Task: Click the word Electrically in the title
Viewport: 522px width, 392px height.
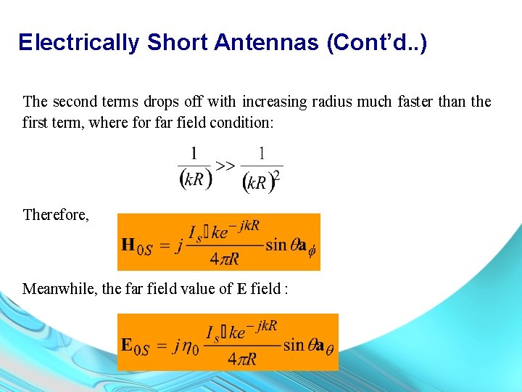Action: click(x=79, y=43)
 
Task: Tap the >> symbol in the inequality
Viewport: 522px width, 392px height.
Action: click(x=225, y=166)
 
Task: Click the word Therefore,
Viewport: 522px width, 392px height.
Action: click(x=56, y=215)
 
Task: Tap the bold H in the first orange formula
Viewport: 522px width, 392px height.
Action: click(x=128, y=245)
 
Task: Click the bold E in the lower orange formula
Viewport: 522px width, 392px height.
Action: click(x=127, y=345)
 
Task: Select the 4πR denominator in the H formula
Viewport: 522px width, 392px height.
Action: click(x=224, y=258)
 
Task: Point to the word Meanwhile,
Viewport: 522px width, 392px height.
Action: click(x=60, y=289)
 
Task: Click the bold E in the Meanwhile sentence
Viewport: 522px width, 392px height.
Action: click(x=241, y=289)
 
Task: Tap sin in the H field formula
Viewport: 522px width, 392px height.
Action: click(x=276, y=245)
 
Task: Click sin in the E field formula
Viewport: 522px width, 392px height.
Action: click(x=293, y=345)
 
